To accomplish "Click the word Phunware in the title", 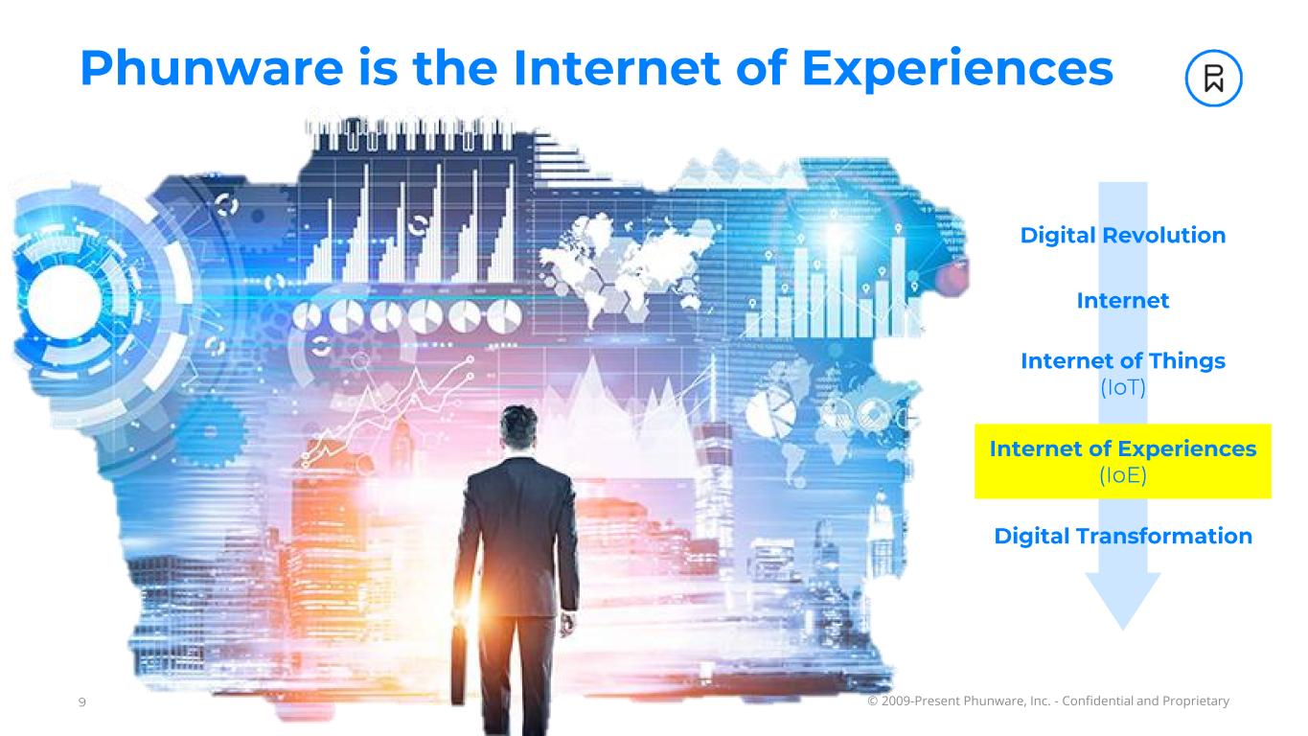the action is click(x=212, y=68).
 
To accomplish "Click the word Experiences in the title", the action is click(x=957, y=70).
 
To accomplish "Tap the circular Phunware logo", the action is click(x=1213, y=79).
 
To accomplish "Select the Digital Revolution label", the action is click(x=1122, y=236).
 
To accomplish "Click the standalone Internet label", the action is click(x=1122, y=301).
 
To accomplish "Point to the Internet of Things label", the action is click(x=1122, y=361).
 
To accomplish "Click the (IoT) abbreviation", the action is click(x=1122, y=387).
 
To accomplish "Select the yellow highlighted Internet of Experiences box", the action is click(x=1122, y=462).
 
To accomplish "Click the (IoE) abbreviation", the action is click(x=1122, y=475).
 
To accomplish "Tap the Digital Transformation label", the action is click(x=1122, y=537).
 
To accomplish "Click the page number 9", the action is click(x=81, y=701).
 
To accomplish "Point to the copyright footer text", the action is click(x=1048, y=701).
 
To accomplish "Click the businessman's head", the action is click(x=518, y=427).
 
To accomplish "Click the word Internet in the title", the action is click(x=617, y=68).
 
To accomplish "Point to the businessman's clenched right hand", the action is click(x=566, y=625).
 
